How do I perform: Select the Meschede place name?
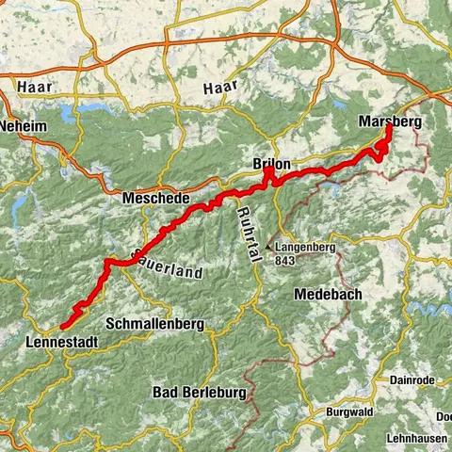tap(156, 200)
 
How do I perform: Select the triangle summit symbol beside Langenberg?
tap(269, 249)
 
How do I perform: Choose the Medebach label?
tap(328, 294)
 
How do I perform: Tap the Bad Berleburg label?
tap(200, 392)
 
